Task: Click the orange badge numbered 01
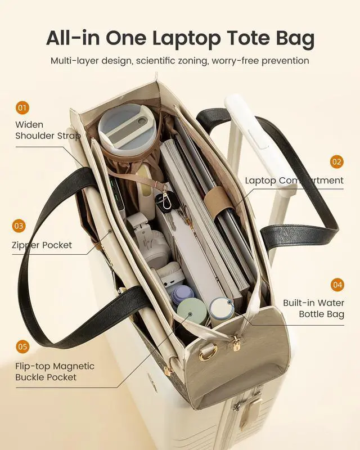[22, 107]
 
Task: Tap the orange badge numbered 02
[336, 162]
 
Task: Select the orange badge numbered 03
[19, 226]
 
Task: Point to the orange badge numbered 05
[22, 346]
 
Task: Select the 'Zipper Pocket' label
[42, 245]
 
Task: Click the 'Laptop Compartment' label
[294, 181]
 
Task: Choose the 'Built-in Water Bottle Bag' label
[313, 308]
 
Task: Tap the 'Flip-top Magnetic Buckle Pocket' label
[55, 372]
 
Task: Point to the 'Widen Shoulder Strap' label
[48, 130]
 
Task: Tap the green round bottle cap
[191, 309]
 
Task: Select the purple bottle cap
[182, 292]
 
